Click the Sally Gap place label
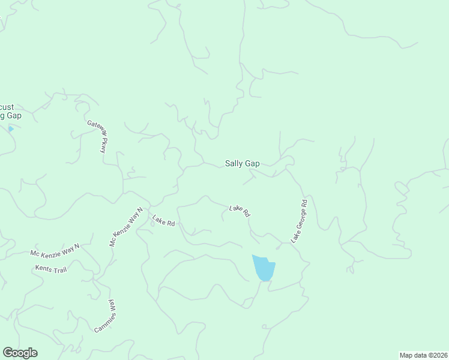[242, 163]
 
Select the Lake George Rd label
[299, 221]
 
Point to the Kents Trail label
[50, 269]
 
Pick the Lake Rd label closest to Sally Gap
[240, 210]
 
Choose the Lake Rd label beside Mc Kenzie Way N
[163, 220]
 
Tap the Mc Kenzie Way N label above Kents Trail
[55, 250]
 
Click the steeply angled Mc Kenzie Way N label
[125, 227]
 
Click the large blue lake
[264, 268]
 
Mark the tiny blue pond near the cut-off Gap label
[10, 129]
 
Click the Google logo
[20, 353]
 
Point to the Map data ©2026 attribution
[423, 355]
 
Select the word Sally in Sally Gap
[234, 163]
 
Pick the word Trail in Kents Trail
[58, 270]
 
